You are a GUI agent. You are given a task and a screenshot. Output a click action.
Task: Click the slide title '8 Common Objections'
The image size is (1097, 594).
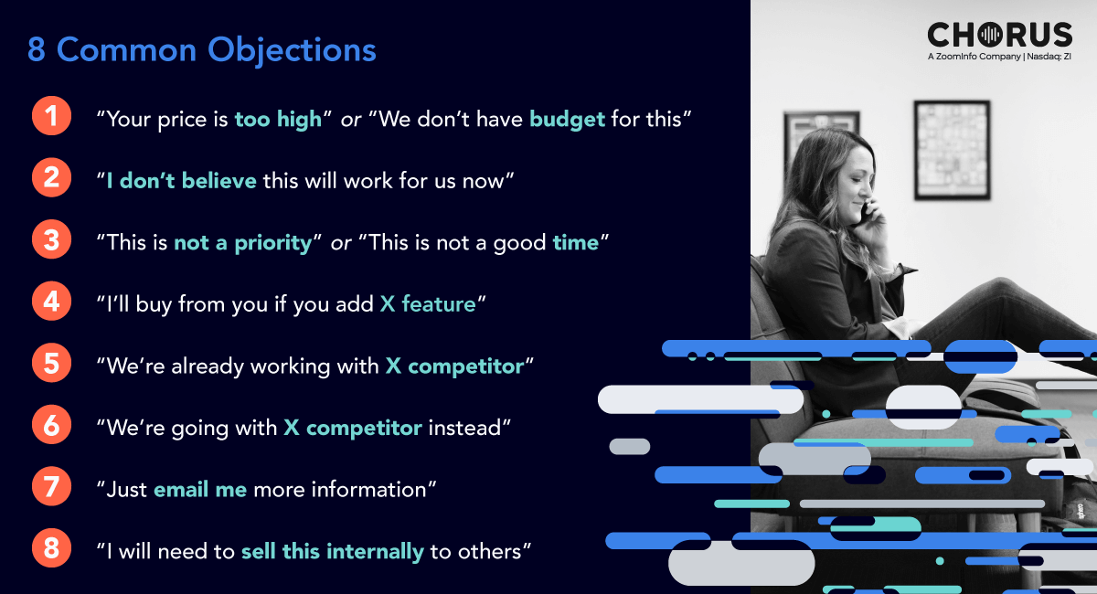pos(201,50)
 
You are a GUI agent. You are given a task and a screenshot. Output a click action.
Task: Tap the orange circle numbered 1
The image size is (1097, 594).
pos(51,116)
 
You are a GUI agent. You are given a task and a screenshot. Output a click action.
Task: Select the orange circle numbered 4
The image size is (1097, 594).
pos(51,302)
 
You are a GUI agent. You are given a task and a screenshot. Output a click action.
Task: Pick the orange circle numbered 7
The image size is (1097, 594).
pos(51,486)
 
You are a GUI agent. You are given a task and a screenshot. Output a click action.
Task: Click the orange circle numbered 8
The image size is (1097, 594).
pos(51,548)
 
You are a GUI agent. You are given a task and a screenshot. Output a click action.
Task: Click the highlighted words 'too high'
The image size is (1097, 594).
pos(278,119)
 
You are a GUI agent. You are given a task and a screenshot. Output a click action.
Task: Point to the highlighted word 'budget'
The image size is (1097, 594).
pos(567,120)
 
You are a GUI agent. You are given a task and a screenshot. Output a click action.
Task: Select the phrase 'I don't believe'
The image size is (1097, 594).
pos(181,181)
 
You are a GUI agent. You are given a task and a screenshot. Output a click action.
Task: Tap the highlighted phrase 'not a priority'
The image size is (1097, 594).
pos(243,243)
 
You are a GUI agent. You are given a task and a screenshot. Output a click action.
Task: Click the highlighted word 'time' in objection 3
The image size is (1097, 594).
pos(575,242)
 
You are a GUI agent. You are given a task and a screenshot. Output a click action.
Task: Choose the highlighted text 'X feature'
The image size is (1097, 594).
pos(428,304)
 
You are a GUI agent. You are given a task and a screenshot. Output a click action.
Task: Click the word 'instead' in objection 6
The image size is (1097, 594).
pos(464,428)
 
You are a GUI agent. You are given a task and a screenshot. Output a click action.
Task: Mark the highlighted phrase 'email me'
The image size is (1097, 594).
pos(200,489)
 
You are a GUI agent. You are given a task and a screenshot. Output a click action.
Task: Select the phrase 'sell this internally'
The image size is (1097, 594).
pos(333,552)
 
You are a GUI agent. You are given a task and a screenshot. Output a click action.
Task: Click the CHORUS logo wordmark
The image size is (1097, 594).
pos(999,35)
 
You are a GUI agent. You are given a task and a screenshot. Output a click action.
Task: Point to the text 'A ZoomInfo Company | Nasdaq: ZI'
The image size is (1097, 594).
pos(999,57)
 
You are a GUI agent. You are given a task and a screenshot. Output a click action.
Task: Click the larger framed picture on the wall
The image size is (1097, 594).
pos(952,151)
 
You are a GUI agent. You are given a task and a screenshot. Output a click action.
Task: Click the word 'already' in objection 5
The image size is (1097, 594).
pos(208,366)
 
